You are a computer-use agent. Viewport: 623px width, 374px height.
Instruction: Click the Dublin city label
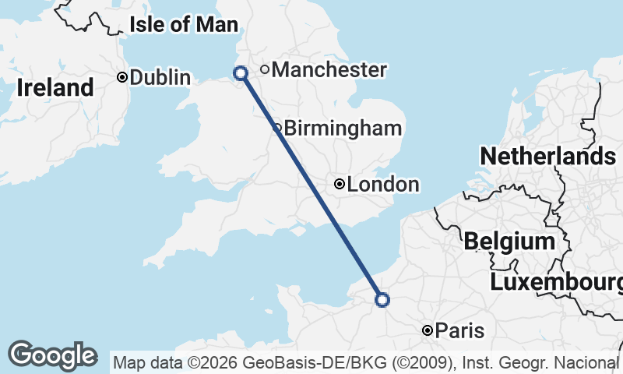coord(160,77)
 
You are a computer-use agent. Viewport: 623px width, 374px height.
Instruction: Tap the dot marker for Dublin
coord(122,77)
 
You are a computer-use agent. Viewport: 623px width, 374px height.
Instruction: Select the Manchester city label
coord(329,70)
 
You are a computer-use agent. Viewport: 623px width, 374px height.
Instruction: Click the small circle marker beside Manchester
coord(265,69)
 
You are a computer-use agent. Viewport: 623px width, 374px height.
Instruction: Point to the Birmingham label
coord(343,129)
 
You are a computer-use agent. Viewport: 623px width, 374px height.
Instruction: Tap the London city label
coord(383,185)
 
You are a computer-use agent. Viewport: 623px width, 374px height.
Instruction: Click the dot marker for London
coord(340,184)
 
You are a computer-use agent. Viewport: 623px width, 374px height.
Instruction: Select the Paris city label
coord(459,331)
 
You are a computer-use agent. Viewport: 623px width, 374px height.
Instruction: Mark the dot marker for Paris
coord(428,331)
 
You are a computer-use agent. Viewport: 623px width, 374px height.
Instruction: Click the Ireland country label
coord(55,88)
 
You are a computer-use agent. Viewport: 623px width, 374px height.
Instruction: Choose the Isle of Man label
coord(184,24)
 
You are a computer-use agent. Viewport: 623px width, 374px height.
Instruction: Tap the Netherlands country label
coord(548,156)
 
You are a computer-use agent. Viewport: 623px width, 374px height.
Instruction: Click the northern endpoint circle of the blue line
coord(241,73)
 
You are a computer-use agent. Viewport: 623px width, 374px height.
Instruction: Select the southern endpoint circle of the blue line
coord(382,299)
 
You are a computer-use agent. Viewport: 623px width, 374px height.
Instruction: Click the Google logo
coord(52,355)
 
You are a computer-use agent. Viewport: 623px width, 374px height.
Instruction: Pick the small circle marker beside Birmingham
coord(278,128)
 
